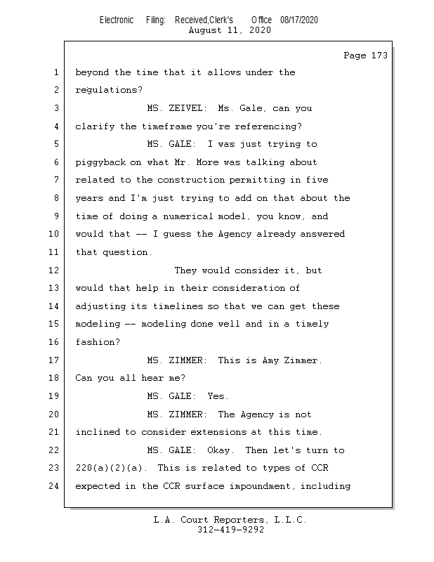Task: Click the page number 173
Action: [x=379, y=55]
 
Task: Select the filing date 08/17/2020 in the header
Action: [x=299, y=20]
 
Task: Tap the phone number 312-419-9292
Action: [x=230, y=530]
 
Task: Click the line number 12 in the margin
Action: [x=54, y=270]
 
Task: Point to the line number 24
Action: [x=54, y=485]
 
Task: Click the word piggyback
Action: [x=100, y=162]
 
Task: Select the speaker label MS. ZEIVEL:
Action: [x=177, y=108]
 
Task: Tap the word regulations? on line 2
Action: [x=109, y=90]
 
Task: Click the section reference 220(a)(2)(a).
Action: [x=111, y=468]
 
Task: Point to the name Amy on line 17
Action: [x=270, y=360]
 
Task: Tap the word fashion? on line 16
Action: [x=98, y=342]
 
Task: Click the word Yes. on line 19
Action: [x=218, y=396]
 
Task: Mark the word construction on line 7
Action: [x=191, y=180]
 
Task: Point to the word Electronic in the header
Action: [x=117, y=20]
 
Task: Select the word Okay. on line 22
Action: [x=221, y=450]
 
